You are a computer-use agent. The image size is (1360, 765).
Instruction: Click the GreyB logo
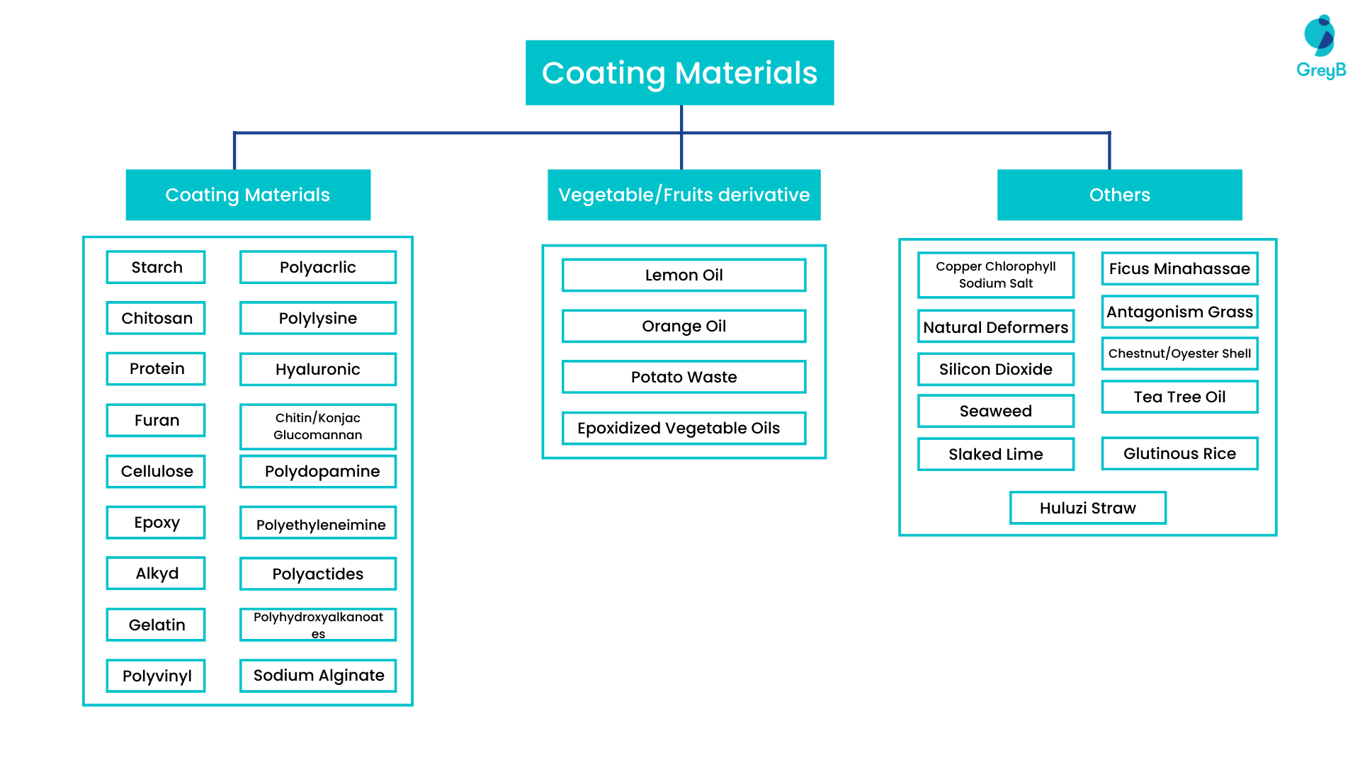[1320, 47]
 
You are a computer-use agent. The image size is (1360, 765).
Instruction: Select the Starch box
[156, 267]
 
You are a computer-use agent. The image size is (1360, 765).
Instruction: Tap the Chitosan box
[156, 318]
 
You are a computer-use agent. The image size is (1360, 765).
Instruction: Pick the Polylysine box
[317, 318]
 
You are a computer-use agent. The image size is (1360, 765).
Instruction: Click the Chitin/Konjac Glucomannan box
[317, 426]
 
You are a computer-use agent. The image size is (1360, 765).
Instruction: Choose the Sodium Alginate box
[317, 675]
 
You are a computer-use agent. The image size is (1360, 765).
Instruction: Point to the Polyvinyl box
[156, 676]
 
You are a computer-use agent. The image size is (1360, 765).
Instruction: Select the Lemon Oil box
[684, 275]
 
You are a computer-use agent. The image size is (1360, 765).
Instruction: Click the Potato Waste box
[684, 377]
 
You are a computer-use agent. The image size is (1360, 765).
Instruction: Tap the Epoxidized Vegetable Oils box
[684, 428]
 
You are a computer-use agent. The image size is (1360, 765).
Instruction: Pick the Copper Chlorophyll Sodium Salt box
[995, 275]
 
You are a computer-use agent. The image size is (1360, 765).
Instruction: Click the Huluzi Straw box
[1087, 508]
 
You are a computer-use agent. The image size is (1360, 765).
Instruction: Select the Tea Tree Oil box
[1179, 397]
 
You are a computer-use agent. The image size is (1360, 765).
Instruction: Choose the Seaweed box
[995, 411]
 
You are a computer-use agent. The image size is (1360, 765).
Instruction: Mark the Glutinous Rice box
[1179, 453]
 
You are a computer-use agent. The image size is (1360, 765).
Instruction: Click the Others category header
[1119, 195]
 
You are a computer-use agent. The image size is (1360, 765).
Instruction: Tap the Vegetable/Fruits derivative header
[684, 195]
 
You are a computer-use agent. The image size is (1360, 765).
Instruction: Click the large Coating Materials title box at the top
[679, 73]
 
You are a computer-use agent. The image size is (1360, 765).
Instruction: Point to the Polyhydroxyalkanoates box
[317, 625]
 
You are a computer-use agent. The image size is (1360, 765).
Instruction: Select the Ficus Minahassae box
[1179, 268]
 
